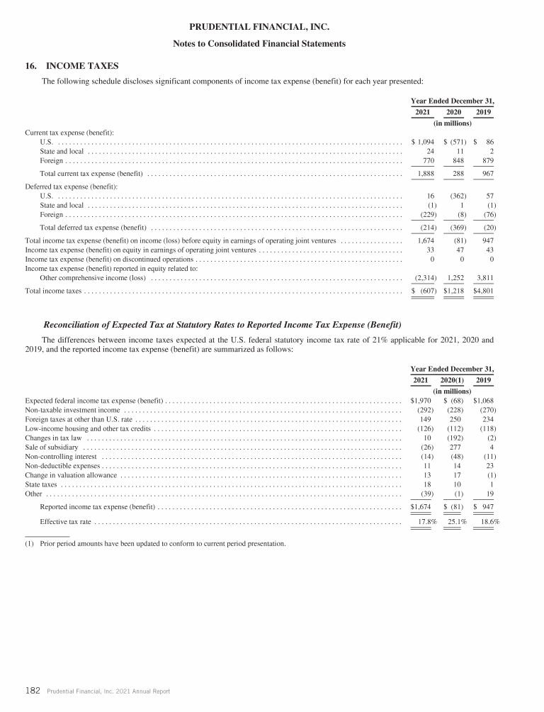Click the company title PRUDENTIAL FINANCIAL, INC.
click(x=259, y=28)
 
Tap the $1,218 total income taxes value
click(x=453, y=291)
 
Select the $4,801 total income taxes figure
click(x=483, y=291)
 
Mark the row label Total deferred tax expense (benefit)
click(x=93, y=228)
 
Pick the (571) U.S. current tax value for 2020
click(x=453, y=142)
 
